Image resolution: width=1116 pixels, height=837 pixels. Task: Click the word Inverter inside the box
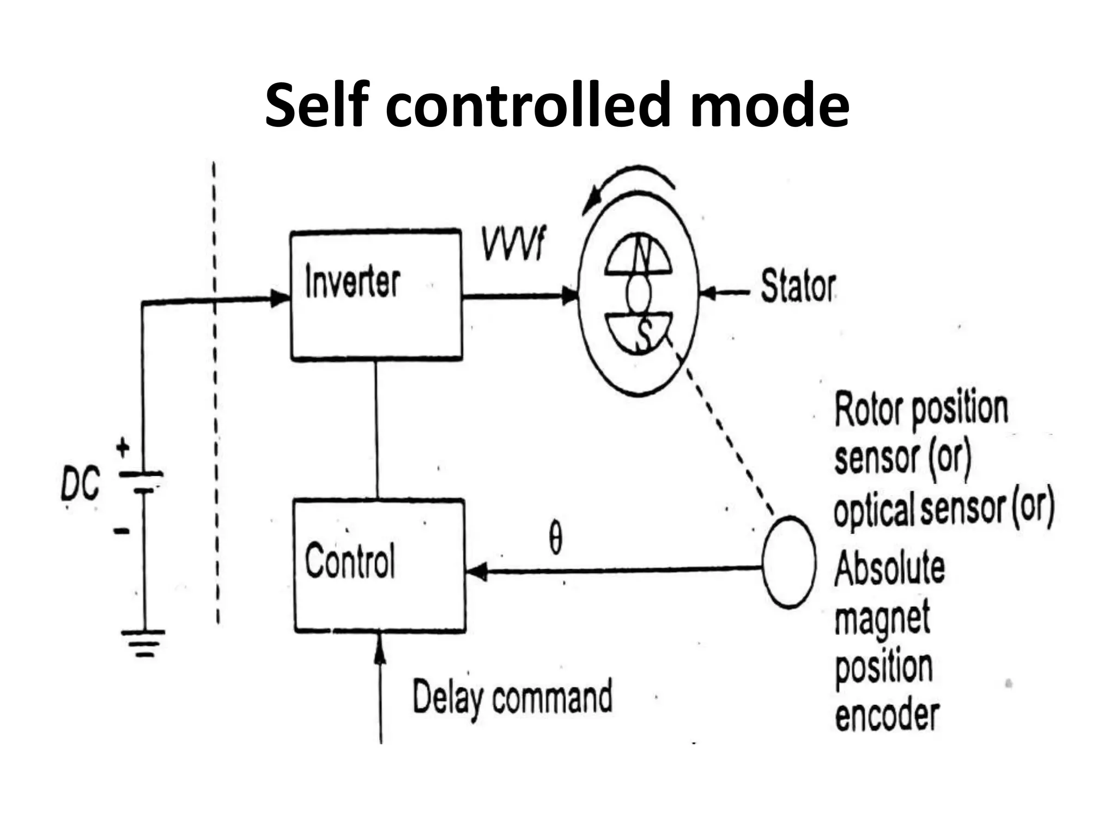[x=353, y=282]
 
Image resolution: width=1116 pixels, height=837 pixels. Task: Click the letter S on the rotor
[x=645, y=333]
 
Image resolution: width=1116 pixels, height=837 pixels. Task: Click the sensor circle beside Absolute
[x=788, y=562]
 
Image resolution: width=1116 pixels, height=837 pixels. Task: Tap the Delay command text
[x=512, y=698]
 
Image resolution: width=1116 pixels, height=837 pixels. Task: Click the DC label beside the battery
[x=80, y=485]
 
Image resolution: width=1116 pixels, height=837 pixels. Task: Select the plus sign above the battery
[x=123, y=448]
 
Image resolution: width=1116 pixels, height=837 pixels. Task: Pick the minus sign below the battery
[x=122, y=530]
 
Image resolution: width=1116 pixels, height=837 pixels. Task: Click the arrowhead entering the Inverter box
[x=281, y=298]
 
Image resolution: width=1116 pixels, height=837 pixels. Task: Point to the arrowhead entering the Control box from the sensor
[x=477, y=573]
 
